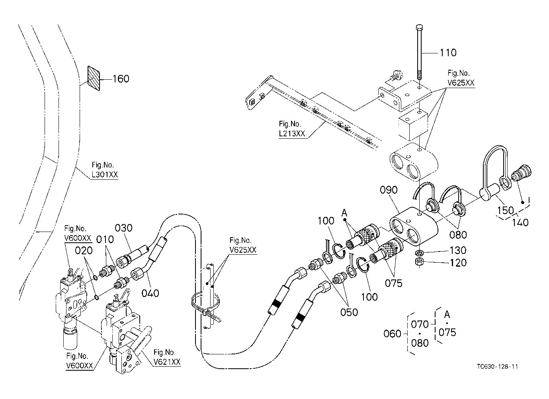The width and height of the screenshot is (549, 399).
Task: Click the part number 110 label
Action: coord(448,53)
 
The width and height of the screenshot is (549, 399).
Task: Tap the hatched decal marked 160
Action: coord(94,78)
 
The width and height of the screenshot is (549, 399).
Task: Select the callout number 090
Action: coord(389,190)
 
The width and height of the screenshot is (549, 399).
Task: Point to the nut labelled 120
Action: coord(419,261)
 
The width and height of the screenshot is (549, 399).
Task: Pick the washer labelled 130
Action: coord(419,252)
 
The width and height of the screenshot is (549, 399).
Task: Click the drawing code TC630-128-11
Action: coord(498,367)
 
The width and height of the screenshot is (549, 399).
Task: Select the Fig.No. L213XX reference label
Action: coord(292,129)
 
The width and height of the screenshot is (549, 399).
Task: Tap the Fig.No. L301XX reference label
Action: coord(105,169)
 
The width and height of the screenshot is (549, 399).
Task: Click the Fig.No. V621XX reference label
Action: coord(167,357)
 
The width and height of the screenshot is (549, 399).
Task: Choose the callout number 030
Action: coord(124,228)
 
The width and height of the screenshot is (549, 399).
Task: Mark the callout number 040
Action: coord(150,293)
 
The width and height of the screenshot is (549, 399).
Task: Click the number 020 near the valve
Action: coord(84,251)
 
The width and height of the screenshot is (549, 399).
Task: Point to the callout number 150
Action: coord(505,210)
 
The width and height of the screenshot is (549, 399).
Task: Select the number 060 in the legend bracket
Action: coord(393,334)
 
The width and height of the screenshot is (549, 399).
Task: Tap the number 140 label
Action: coord(520,222)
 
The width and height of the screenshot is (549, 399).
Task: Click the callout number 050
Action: coord(349,312)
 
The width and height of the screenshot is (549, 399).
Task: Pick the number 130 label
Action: coord(458,250)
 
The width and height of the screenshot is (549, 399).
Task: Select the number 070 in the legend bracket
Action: coord(420,324)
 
